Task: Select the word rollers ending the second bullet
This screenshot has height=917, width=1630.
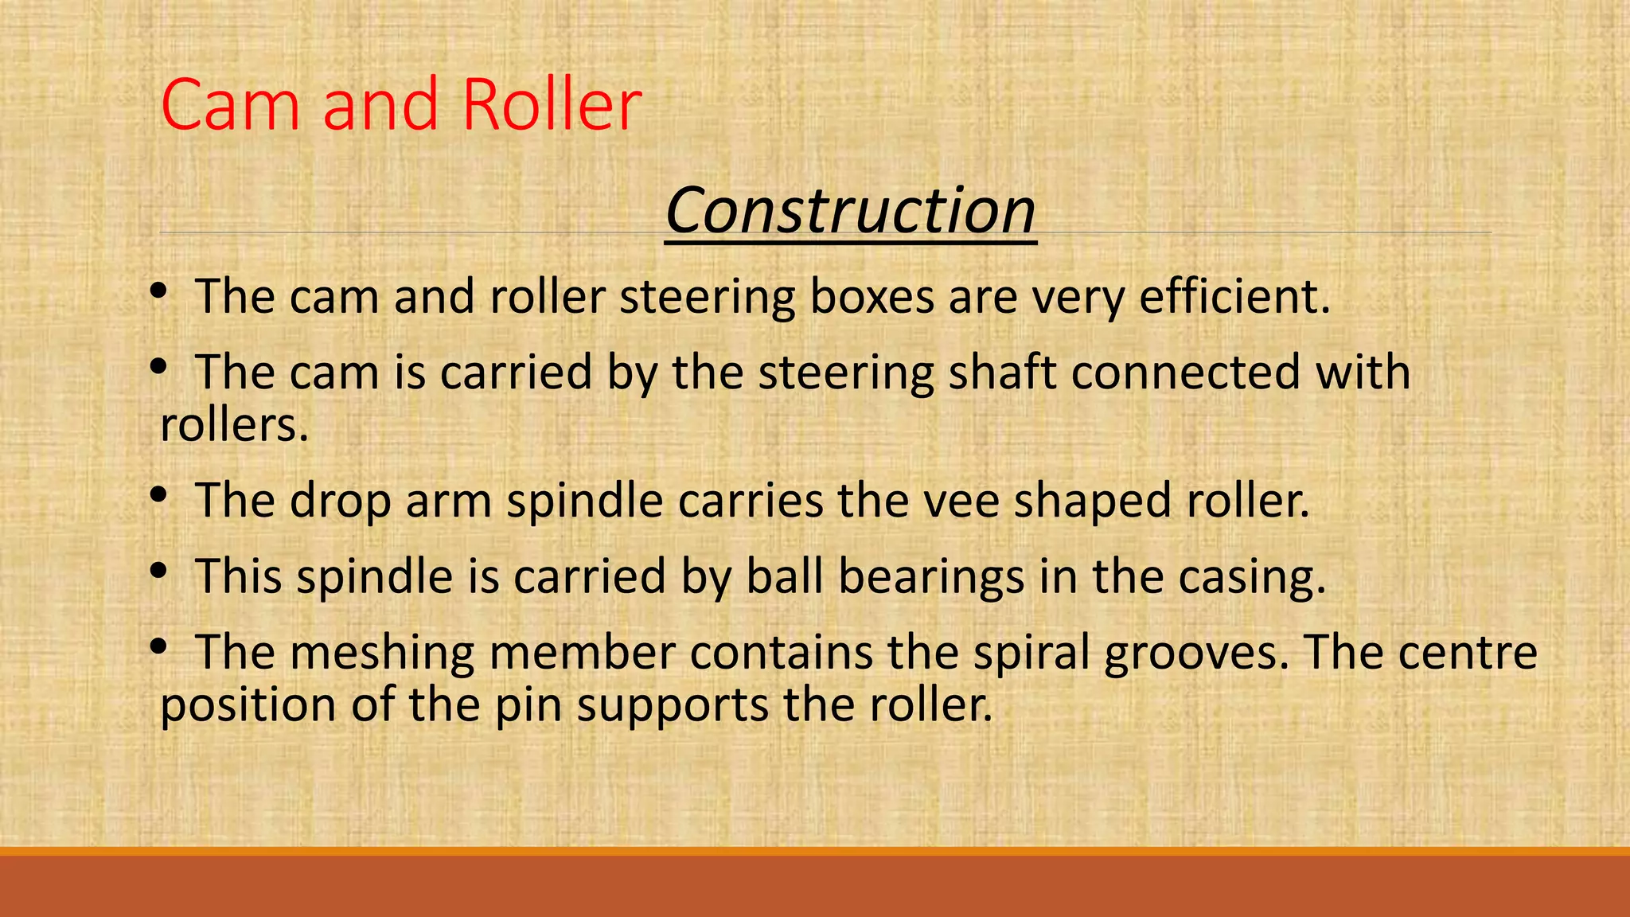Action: click(x=233, y=424)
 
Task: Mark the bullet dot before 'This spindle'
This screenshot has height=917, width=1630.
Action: click(x=158, y=570)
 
